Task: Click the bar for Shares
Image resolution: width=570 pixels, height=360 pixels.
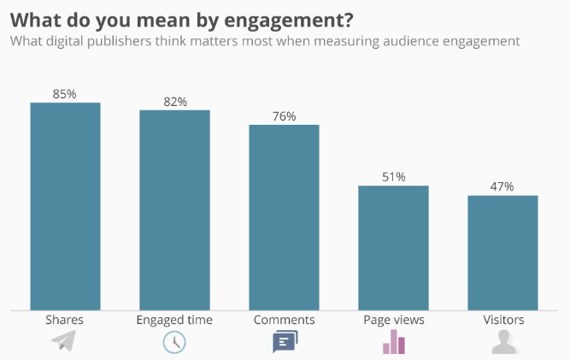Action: click(65, 206)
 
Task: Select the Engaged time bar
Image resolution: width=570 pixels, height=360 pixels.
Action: click(174, 210)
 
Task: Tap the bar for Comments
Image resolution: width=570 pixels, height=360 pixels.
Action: click(284, 217)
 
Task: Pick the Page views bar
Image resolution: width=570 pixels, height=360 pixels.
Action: click(393, 248)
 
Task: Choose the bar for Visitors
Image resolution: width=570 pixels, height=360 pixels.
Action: click(502, 253)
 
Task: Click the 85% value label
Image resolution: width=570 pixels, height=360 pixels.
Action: click(65, 93)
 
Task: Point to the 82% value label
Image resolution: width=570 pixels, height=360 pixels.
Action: click(174, 101)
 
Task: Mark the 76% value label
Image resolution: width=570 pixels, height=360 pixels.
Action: click(284, 115)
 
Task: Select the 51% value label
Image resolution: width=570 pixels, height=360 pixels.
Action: click(393, 177)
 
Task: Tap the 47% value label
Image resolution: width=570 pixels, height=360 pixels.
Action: click(502, 186)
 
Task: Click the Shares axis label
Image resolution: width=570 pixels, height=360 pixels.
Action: click(65, 320)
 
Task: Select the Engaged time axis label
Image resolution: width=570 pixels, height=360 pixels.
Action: click(174, 320)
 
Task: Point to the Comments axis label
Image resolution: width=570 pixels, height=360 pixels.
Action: click(284, 320)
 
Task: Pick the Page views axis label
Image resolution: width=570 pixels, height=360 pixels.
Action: click(393, 320)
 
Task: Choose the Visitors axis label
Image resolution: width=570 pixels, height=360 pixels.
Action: click(502, 320)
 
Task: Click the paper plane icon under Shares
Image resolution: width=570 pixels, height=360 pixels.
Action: click(64, 342)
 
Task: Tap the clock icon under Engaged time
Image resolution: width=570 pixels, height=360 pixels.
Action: click(174, 342)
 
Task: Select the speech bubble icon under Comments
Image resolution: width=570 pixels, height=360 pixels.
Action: click(285, 343)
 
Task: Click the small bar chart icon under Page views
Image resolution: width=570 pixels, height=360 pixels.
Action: click(393, 341)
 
